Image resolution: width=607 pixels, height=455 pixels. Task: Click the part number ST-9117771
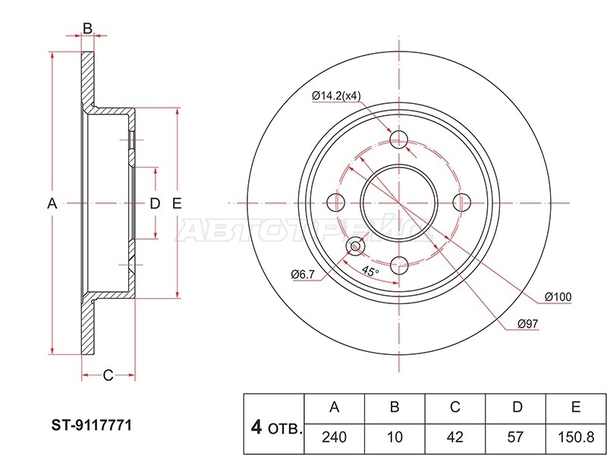92,425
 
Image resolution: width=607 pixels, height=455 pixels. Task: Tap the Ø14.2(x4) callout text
336,96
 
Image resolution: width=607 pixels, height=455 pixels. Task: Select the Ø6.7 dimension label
303,275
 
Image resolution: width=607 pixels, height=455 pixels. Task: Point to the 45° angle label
370,271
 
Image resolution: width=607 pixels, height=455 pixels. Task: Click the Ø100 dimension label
558,297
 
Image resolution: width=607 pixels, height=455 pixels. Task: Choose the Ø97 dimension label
528,324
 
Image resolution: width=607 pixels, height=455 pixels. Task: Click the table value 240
334,438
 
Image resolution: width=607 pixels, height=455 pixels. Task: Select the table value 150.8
576,438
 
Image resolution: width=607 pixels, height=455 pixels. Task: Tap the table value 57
515,438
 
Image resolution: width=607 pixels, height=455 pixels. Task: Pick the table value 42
454,438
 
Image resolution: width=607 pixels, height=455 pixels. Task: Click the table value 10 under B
395,438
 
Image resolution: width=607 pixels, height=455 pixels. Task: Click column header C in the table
455,407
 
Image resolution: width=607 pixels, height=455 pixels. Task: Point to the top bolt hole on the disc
399,140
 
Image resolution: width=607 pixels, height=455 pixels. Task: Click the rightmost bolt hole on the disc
462,202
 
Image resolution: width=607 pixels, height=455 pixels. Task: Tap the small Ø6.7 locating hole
355,246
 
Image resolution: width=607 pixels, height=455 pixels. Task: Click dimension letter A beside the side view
52,203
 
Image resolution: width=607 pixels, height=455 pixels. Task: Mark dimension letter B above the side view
88,28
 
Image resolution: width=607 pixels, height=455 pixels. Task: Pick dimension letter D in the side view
155,203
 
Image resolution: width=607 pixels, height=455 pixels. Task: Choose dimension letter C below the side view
108,375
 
